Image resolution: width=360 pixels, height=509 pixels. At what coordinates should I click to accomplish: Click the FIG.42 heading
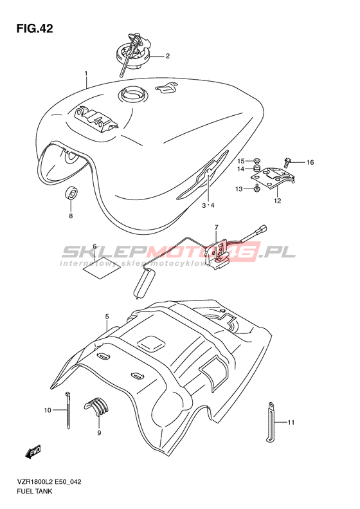pos(34,28)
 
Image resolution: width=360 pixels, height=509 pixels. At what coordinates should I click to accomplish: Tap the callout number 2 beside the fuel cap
pos(168,56)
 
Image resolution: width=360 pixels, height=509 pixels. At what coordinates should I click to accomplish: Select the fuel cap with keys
pos(133,53)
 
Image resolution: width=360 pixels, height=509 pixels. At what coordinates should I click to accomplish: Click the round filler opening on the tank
pos(132,94)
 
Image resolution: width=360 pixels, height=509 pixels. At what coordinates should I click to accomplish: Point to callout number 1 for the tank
pos(86,74)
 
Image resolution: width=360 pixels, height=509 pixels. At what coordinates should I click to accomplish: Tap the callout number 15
pos(240,161)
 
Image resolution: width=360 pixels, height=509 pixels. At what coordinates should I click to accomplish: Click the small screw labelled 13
pos(257,188)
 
